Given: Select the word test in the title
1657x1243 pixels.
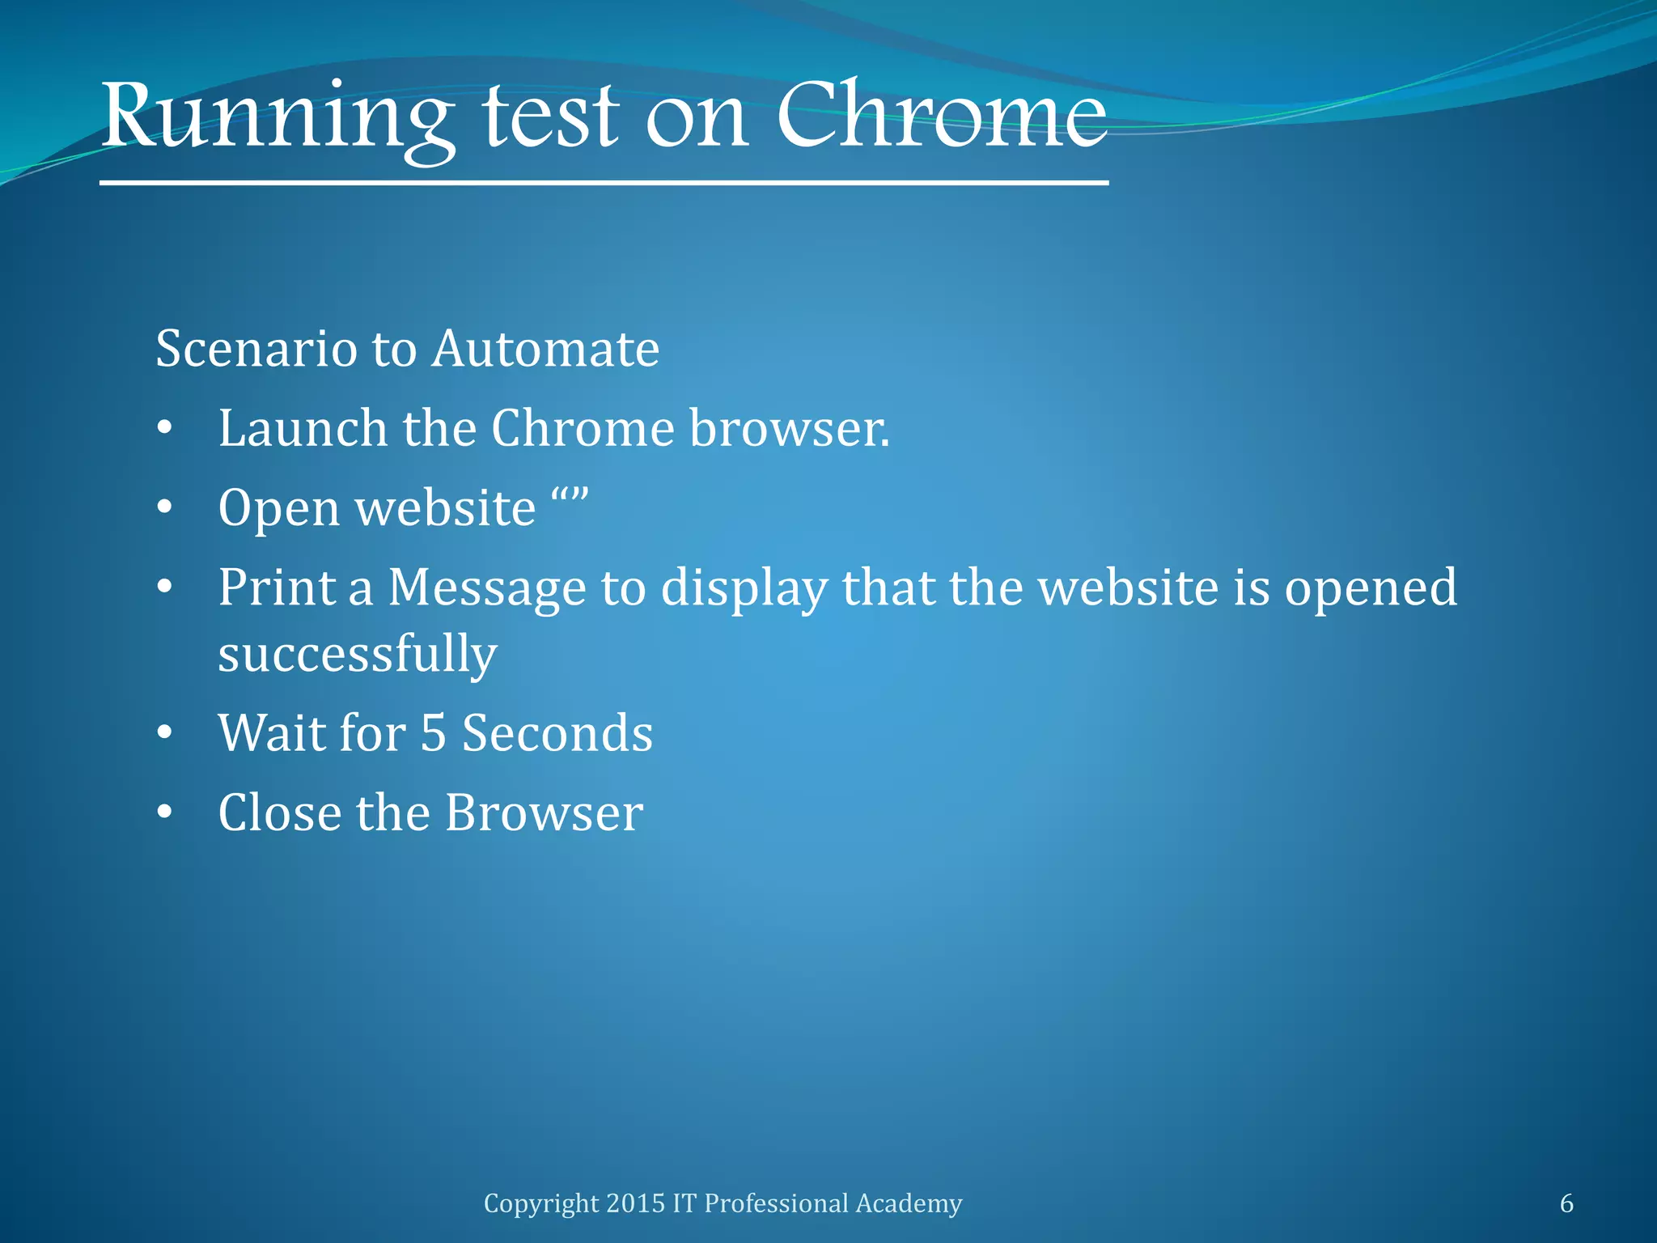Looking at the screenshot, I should click(551, 117).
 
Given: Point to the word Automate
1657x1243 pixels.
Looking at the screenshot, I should click(546, 349).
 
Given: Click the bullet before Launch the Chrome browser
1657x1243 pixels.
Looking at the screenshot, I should click(165, 429).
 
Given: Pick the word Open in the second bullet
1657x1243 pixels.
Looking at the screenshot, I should click(279, 509).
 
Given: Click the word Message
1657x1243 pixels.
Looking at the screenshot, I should click(487, 588).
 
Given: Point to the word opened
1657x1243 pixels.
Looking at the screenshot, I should click(1371, 588).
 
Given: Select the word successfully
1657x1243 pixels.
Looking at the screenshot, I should click(357, 655).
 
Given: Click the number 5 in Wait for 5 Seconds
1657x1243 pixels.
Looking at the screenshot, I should click(434, 733).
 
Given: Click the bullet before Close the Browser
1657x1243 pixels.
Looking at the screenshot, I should click(165, 813).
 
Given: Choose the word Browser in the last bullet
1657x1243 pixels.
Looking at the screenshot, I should click(544, 812).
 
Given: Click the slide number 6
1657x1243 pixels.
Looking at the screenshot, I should click(1566, 1203).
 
